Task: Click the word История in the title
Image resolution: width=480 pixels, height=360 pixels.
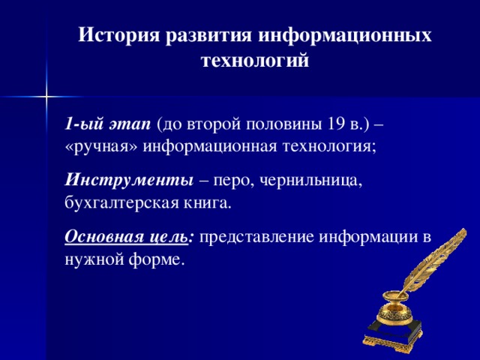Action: click(x=118, y=35)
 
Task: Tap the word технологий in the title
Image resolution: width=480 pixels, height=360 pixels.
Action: click(x=255, y=61)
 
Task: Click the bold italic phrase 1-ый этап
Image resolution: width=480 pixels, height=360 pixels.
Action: click(x=108, y=124)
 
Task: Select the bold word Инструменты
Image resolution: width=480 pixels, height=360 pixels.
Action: click(x=128, y=181)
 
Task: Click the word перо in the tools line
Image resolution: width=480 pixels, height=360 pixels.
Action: click(x=235, y=181)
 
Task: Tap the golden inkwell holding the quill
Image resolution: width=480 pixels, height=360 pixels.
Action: click(x=395, y=307)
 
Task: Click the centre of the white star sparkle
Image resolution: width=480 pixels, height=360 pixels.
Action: click(x=46, y=96)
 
